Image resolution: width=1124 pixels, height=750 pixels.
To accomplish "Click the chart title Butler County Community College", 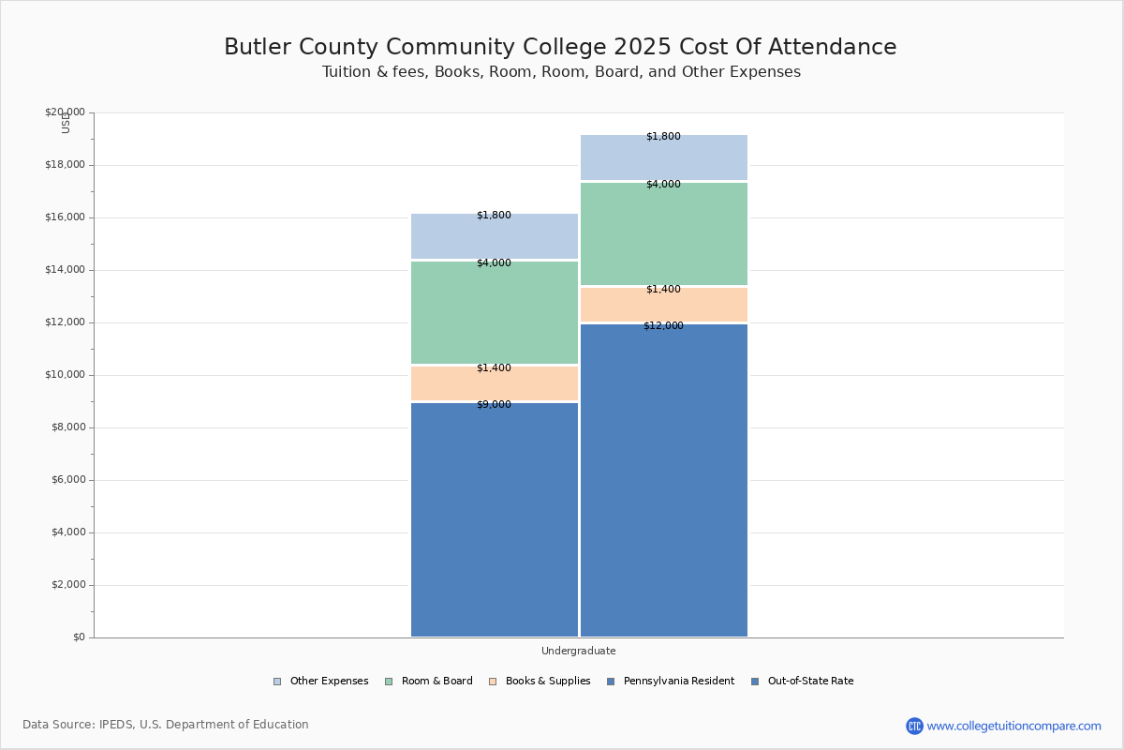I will point(560,48).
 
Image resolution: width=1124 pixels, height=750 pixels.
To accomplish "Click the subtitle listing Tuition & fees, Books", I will point(561,72).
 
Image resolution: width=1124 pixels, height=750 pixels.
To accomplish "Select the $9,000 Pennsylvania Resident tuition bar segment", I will point(495,520).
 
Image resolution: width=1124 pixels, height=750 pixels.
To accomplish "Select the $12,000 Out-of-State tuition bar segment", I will point(664,480).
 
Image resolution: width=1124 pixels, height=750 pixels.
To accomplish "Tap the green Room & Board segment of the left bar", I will point(495,313).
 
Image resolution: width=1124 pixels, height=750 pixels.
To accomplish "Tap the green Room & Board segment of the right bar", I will point(664,234).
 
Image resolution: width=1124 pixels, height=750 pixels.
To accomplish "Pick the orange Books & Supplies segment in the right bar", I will point(664,306).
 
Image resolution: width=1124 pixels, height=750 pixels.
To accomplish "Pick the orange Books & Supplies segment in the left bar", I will point(495,384).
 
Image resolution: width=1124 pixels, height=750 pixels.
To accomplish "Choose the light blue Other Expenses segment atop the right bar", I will point(664,157).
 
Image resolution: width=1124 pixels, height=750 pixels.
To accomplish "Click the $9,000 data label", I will point(494,405).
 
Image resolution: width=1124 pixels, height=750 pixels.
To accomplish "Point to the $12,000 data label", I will point(663,326).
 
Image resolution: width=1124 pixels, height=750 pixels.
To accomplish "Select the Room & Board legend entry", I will point(436,682).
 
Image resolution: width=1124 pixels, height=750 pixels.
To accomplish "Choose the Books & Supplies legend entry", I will point(547,682).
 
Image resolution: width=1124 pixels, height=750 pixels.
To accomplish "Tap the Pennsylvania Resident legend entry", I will point(678,682).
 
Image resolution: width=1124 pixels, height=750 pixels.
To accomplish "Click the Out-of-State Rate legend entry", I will point(809,682).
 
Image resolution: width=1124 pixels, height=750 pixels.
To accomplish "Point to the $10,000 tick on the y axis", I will point(65,375).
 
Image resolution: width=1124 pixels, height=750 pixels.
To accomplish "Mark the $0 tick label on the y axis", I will point(78,637).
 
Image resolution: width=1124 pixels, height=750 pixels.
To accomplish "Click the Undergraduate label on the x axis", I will point(578,651).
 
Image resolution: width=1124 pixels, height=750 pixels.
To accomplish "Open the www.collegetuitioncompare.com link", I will point(1013,726).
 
